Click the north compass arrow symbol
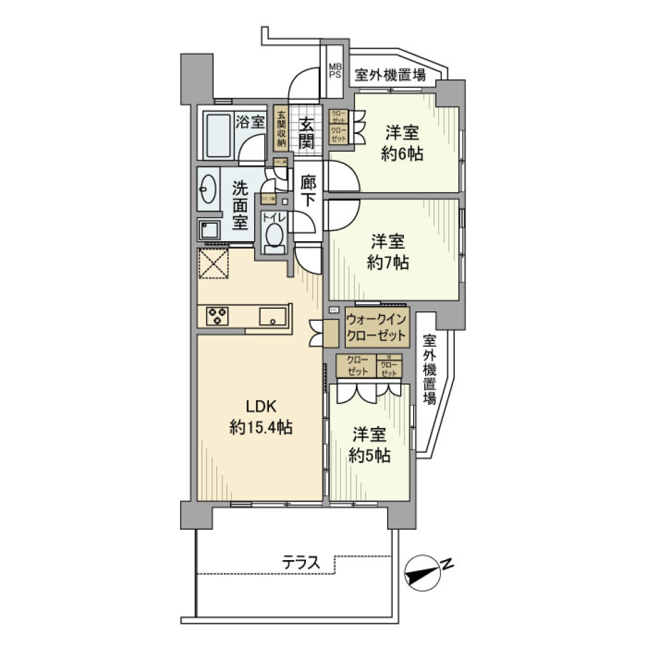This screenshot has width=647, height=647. point(423,574)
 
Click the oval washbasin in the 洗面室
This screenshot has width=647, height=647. point(209,189)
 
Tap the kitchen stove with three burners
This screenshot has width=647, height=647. point(218,315)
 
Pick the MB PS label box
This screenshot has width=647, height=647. point(335,71)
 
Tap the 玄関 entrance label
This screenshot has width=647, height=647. point(307,133)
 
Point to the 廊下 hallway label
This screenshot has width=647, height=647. point(309,190)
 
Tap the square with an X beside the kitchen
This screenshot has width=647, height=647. point(214,263)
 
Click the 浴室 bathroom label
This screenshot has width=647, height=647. point(250,122)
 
